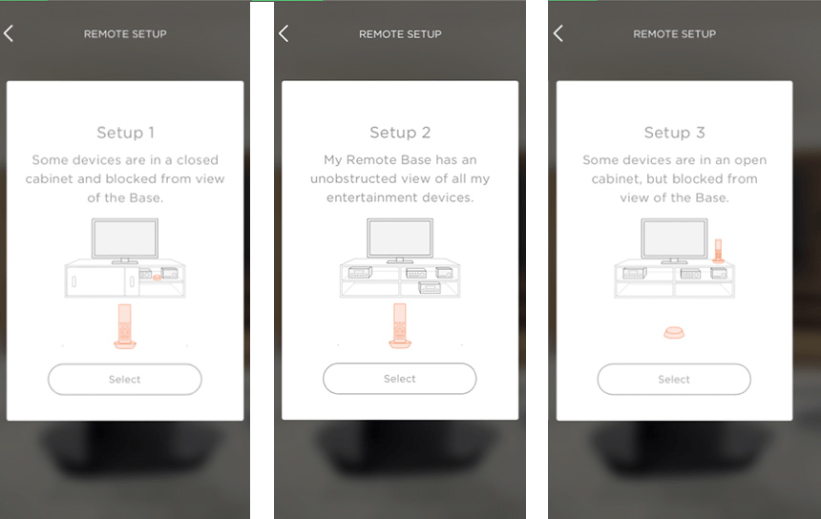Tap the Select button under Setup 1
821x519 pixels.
coord(125,380)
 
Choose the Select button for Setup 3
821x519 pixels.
coord(674,380)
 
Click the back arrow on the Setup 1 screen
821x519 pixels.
coord(9,33)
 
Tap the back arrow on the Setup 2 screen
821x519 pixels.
coord(284,33)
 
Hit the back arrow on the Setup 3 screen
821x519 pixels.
coord(558,33)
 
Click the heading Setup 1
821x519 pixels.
coord(125,133)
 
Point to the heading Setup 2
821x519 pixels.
coord(400,133)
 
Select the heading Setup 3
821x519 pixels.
coord(674,133)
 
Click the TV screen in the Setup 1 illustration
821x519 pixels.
coord(125,239)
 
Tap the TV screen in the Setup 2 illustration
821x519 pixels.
coord(400,239)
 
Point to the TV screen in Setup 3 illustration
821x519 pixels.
coord(674,239)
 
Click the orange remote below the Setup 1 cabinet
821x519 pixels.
coord(125,326)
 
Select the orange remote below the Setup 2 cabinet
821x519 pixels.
coord(400,326)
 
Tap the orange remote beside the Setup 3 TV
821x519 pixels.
coord(718,251)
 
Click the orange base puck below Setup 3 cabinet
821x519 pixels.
coord(674,332)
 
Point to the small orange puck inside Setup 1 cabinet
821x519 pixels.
coord(157,278)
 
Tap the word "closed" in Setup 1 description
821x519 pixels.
coord(198,159)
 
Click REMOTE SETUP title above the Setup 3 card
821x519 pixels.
coord(674,34)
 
